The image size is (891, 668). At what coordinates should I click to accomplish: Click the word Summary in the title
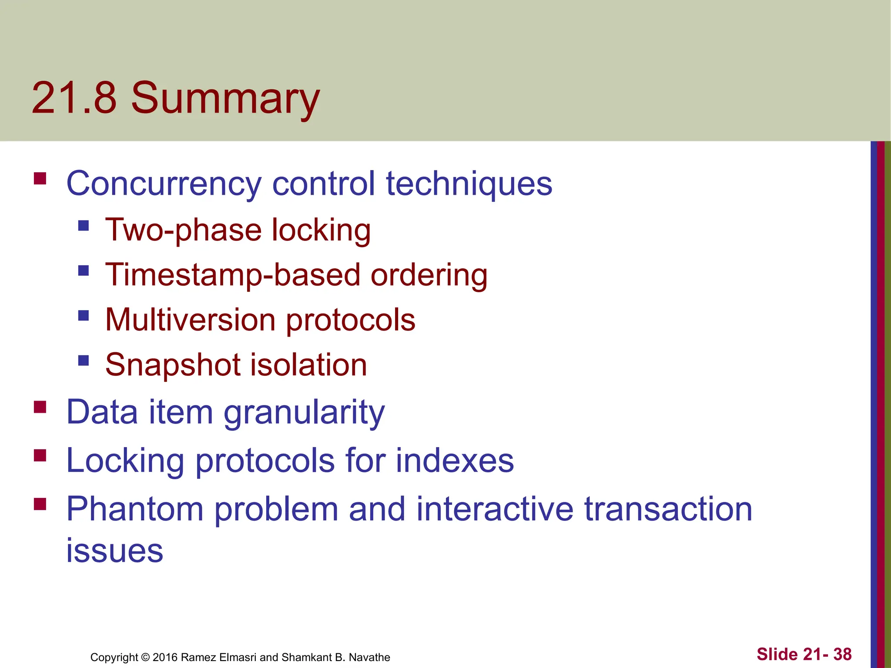[x=225, y=99]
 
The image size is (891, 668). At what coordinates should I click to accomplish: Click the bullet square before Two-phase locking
[x=84, y=225]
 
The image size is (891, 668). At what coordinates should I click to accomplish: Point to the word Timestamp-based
[x=233, y=276]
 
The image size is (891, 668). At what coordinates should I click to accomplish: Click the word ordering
[x=429, y=276]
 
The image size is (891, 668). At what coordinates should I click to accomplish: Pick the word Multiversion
[x=191, y=320]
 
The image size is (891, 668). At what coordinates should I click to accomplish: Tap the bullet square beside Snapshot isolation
[x=84, y=360]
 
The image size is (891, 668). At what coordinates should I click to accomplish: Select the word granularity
[x=304, y=413]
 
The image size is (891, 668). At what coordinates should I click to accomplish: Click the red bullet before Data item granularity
[x=40, y=407]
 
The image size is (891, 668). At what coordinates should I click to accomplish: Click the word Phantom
[x=135, y=509]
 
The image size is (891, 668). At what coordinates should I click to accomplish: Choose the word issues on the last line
[x=114, y=551]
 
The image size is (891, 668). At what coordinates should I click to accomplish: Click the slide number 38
[x=842, y=654]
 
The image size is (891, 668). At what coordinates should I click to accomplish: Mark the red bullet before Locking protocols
[x=40, y=455]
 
